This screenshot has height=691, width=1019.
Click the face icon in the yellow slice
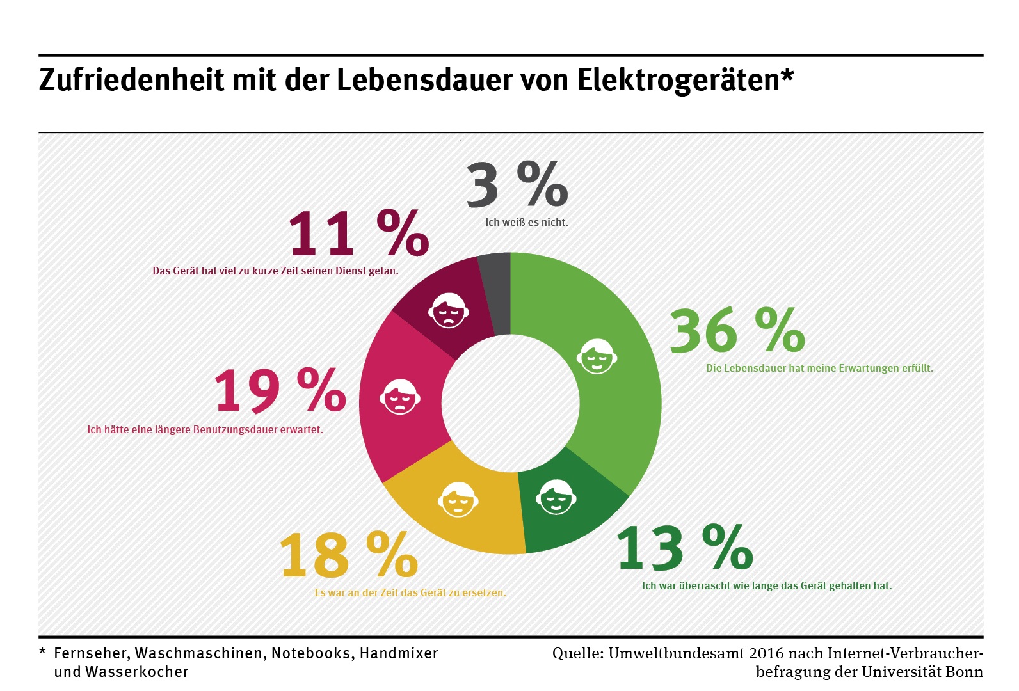[x=458, y=499]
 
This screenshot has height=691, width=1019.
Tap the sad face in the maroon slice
[x=449, y=310]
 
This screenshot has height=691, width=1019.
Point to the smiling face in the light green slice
[x=597, y=356]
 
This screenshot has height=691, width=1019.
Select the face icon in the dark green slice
[x=556, y=496]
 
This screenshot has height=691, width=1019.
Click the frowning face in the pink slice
[x=400, y=397]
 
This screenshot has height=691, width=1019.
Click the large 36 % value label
[x=736, y=331]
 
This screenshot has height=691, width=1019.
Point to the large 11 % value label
[x=358, y=234]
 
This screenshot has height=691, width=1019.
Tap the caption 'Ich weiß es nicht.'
[x=526, y=223]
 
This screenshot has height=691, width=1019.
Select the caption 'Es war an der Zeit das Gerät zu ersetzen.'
[x=410, y=593]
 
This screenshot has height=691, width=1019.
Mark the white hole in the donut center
[x=510, y=403]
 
